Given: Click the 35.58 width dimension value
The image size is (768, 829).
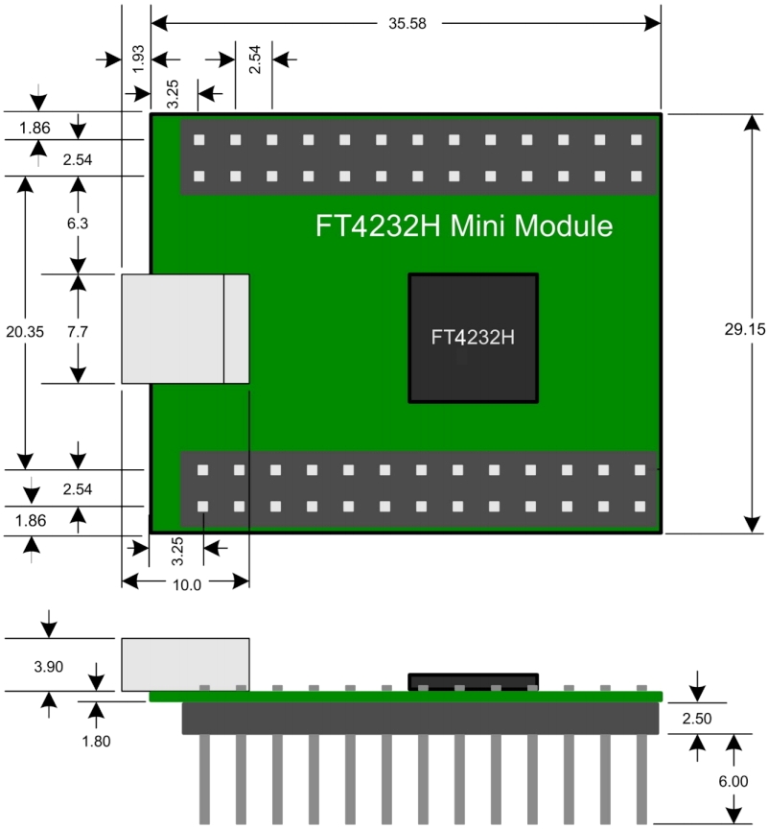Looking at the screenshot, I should [406, 22].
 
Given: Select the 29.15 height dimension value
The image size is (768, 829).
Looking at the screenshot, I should [745, 329].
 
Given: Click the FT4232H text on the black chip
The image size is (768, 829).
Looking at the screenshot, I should [473, 339].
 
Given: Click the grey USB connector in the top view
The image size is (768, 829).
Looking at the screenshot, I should [184, 329].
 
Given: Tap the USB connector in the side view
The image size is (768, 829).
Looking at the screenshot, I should [184, 664].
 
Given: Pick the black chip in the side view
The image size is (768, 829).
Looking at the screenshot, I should [473, 681].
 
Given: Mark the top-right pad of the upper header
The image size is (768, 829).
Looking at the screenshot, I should [637, 140].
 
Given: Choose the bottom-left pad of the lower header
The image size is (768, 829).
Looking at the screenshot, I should [203, 506].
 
